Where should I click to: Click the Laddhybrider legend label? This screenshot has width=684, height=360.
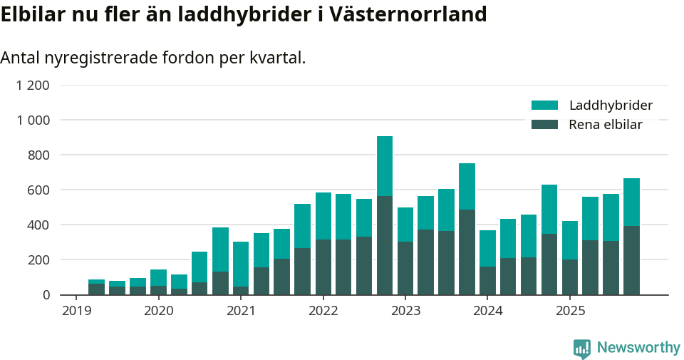click(x=611, y=106)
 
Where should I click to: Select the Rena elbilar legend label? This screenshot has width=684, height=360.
click(x=606, y=125)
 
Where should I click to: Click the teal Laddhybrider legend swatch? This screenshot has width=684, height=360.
click(x=544, y=106)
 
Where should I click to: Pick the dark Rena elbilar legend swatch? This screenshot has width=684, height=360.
click(x=544, y=125)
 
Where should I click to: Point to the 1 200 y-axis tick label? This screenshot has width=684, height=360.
click(x=33, y=86)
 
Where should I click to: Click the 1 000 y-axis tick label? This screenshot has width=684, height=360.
click(x=33, y=120)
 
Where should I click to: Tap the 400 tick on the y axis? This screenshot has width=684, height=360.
click(x=38, y=225)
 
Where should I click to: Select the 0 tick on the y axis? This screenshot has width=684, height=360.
click(x=46, y=295)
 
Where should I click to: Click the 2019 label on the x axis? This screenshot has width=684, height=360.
click(x=76, y=311)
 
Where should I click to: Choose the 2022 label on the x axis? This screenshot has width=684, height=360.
click(x=323, y=311)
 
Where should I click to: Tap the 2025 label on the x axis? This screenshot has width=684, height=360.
click(x=570, y=311)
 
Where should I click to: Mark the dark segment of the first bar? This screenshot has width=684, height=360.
click(x=96, y=289)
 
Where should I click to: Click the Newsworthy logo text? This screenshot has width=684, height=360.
click(x=638, y=348)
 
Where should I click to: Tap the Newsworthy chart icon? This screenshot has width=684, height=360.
click(x=581, y=349)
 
